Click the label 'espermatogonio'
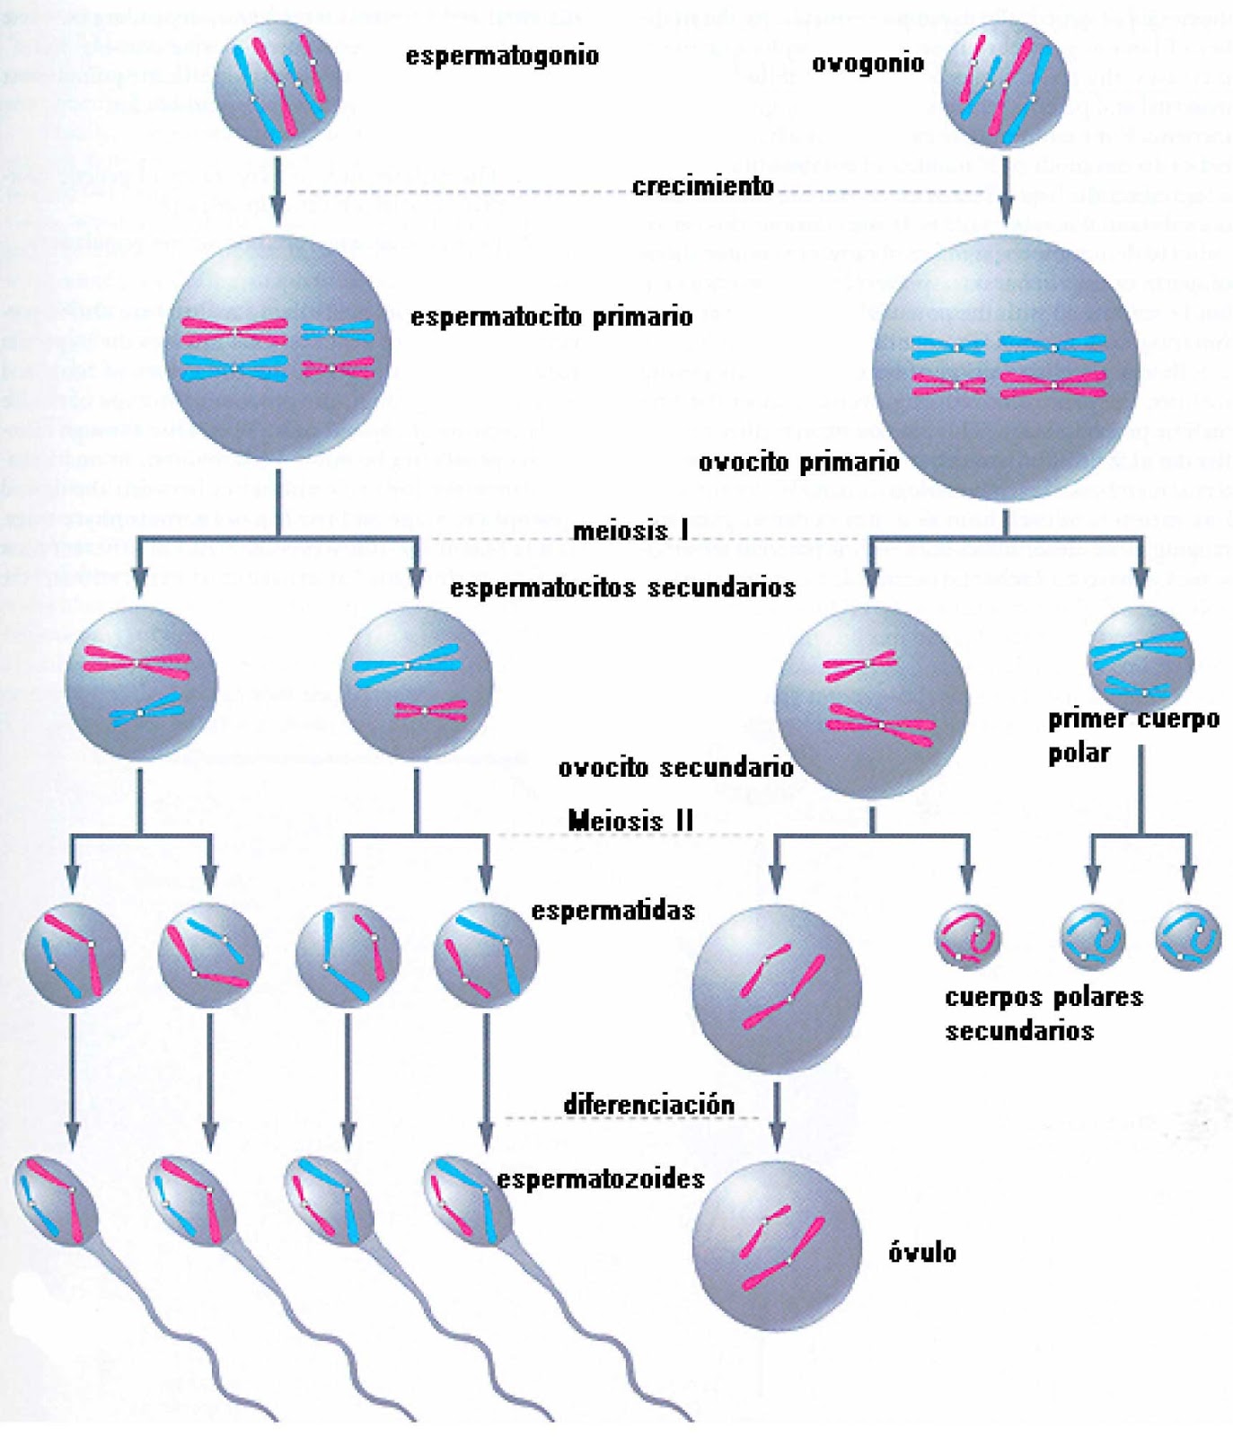(x=502, y=56)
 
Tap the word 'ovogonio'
(x=868, y=63)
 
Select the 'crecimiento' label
(x=702, y=186)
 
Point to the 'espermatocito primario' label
(x=551, y=317)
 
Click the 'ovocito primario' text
(x=798, y=463)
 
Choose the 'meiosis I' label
(x=630, y=531)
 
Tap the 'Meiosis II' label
(x=630, y=820)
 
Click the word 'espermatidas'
(x=613, y=911)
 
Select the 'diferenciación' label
(x=648, y=1104)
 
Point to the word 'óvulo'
(x=922, y=1252)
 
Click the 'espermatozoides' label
(x=601, y=1178)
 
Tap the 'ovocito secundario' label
(x=675, y=768)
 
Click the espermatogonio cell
(x=277, y=83)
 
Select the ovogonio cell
(x=1005, y=83)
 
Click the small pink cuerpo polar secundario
(x=967, y=937)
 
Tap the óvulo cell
(x=777, y=1246)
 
